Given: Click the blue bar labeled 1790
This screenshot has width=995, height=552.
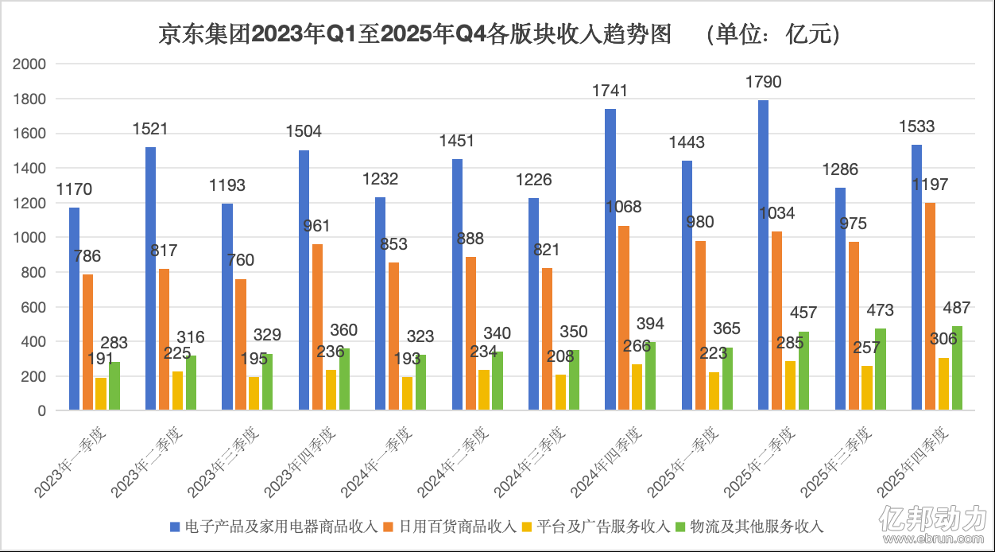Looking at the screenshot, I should [x=763, y=255].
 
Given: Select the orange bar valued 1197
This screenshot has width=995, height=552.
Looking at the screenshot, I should [x=929, y=307].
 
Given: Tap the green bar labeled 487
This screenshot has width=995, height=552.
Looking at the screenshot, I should [x=957, y=368].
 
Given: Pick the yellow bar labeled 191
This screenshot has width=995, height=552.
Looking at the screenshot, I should [x=101, y=394].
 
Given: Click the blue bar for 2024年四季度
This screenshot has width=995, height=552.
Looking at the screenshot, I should [x=610, y=259].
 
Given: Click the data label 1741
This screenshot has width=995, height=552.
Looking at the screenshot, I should [x=610, y=91].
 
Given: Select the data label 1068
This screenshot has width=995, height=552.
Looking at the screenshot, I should [x=623, y=207].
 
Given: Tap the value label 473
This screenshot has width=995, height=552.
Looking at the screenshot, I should [x=880, y=310].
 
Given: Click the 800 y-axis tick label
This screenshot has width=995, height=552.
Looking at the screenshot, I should [x=35, y=273].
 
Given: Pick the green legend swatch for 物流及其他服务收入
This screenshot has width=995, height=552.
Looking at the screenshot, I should [x=679, y=526].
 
